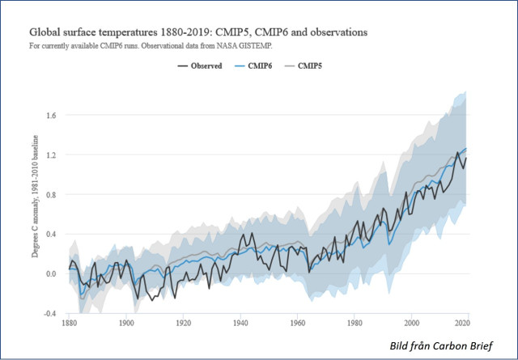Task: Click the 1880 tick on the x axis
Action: (70, 324)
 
